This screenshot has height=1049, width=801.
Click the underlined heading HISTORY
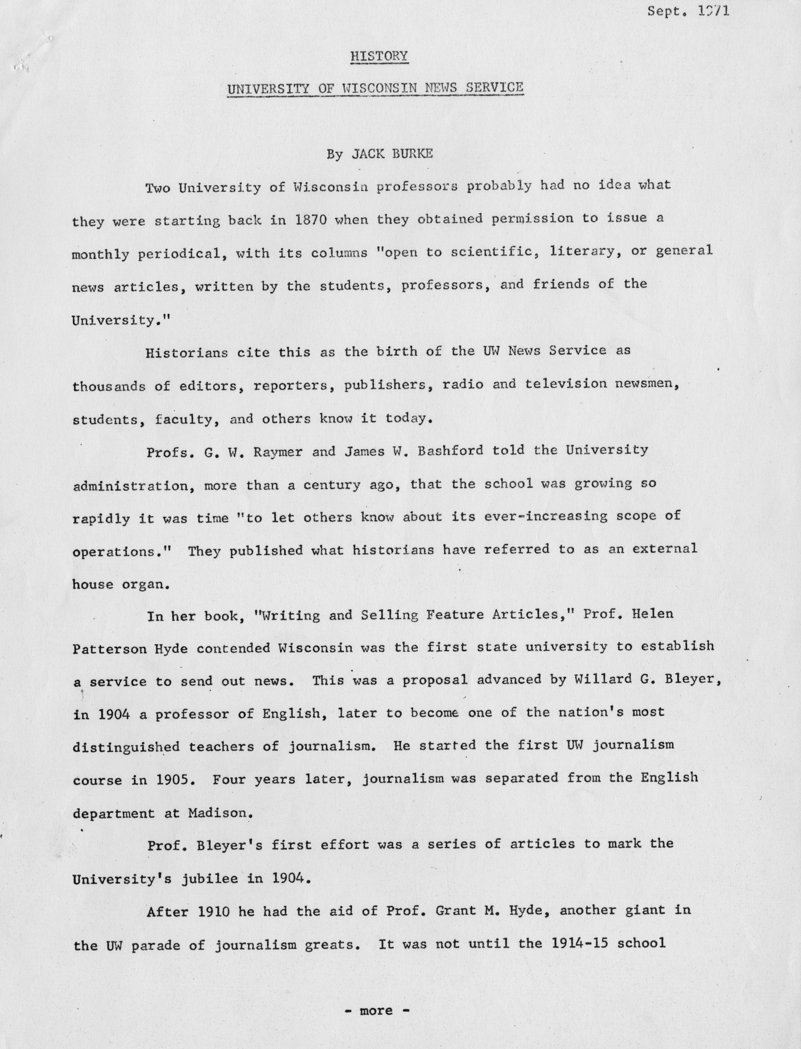[379, 56]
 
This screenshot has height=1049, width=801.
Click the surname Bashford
[449, 451]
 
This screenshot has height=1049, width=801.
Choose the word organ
[145, 584]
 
